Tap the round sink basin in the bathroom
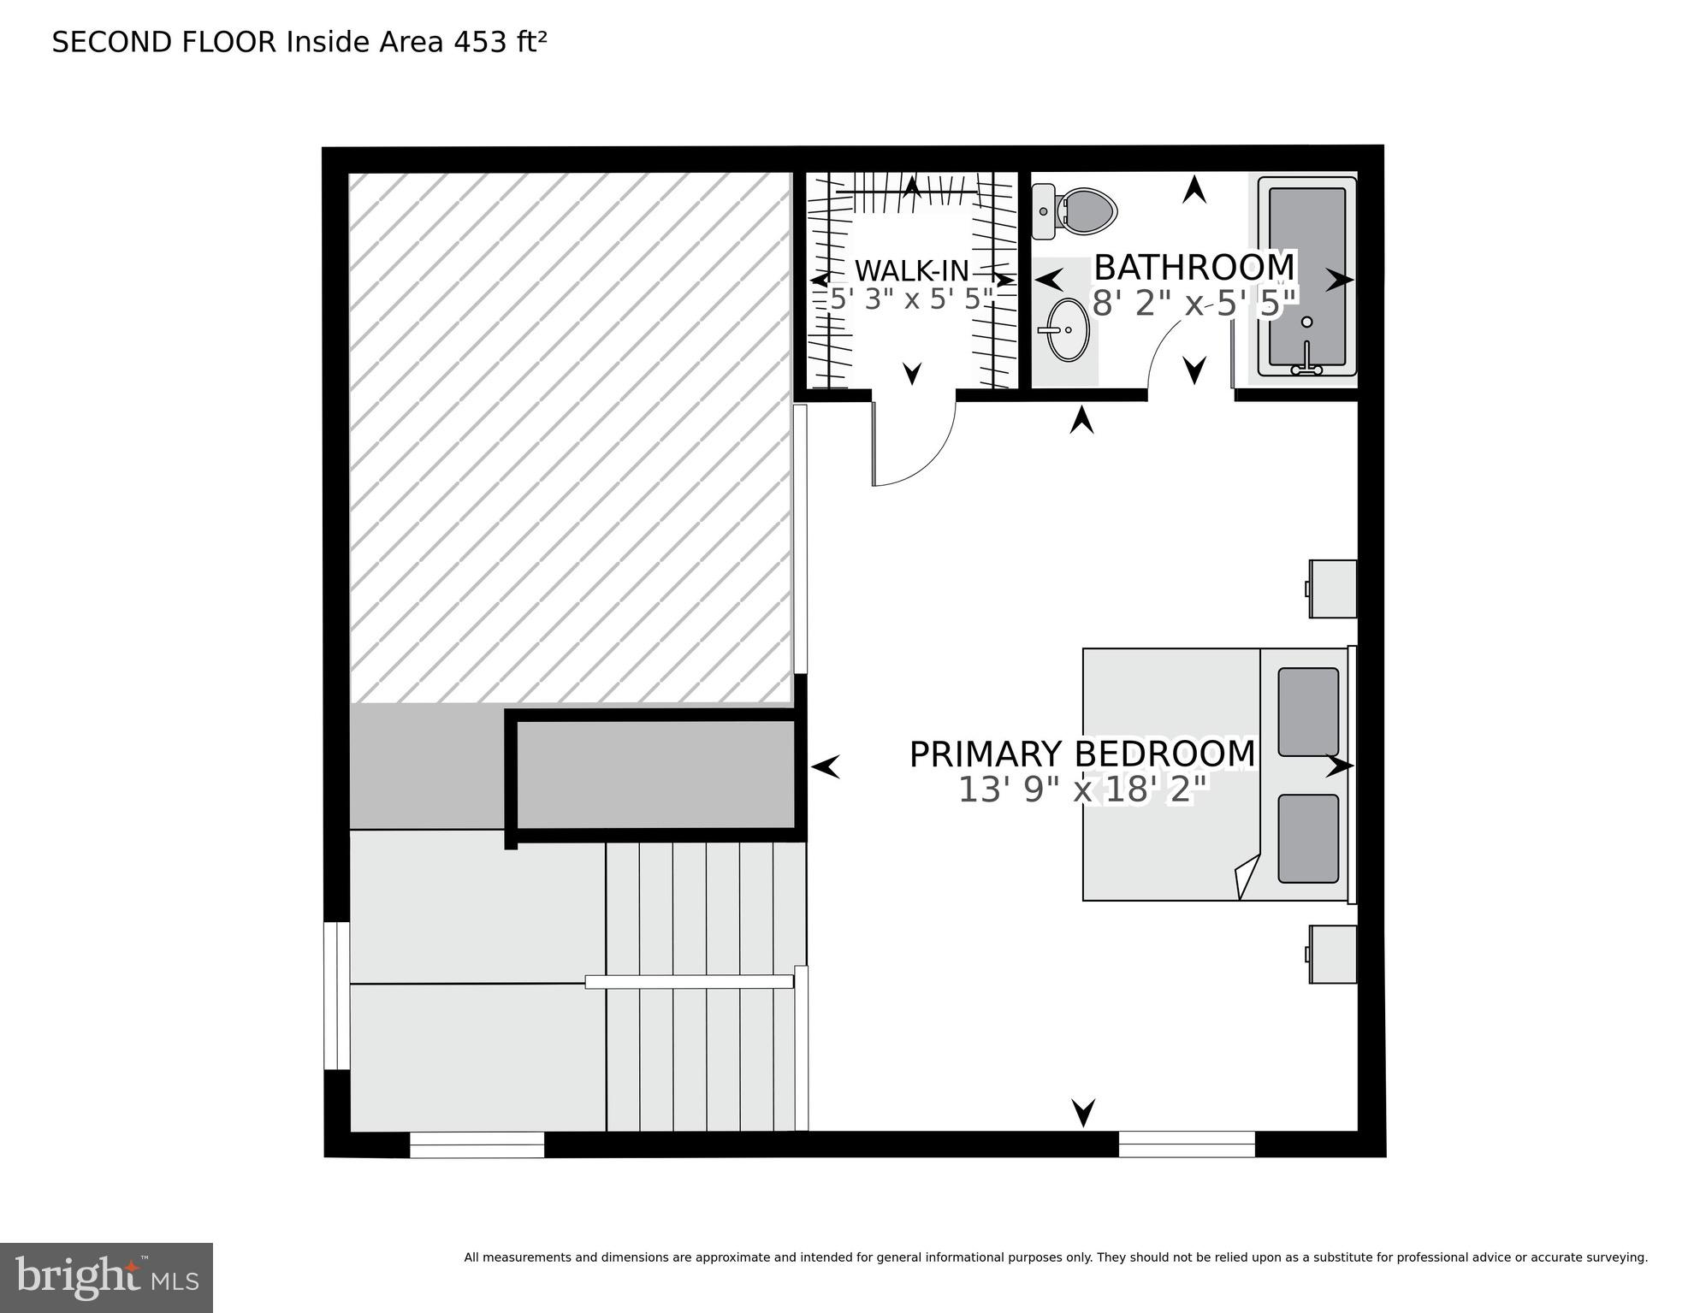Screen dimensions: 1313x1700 [1068, 329]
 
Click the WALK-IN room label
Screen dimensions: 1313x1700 [911, 271]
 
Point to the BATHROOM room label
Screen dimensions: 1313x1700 [1194, 268]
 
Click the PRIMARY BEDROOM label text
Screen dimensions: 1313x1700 [1081, 754]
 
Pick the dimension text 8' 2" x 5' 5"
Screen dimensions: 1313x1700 [1194, 304]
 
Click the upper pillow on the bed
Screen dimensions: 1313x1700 [1308, 712]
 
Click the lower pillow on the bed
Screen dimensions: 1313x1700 [1308, 838]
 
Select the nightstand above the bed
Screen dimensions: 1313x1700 [1333, 588]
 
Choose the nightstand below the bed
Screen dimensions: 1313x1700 [1333, 954]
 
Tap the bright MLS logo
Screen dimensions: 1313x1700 [106, 1278]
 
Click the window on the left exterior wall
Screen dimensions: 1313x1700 [336, 996]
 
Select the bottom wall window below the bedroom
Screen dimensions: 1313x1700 [1186, 1144]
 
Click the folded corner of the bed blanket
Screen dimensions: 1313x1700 [1248, 877]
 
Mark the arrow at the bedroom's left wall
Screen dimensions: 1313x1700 [825, 766]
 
